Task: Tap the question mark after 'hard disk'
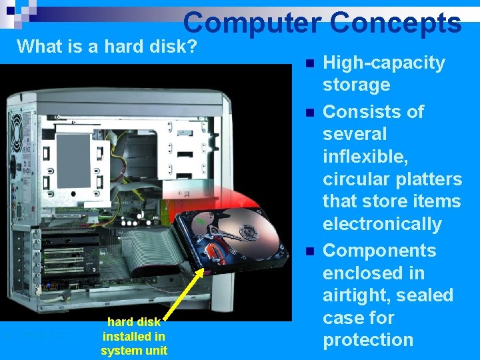[x=193, y=47]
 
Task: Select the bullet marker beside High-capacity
[x=307, y=64]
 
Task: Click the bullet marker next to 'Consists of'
[x=307, y=113]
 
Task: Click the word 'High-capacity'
[x=383, y=63]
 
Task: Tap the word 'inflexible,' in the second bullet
[x=364, y=156]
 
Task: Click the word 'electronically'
[x=382, y=223]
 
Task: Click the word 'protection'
[x=368, y=339]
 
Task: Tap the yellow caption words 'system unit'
[x=134, y=351]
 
